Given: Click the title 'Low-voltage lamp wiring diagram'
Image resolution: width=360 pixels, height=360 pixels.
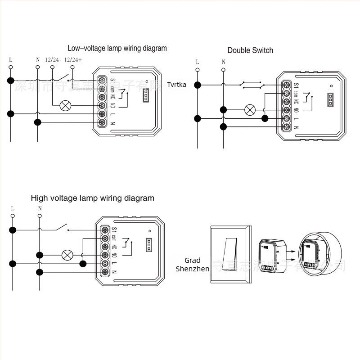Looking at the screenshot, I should pyautogui.click(x=117, y=48).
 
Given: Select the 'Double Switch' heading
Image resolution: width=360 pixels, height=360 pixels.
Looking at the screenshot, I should pyautogui.click(x=250, y=50).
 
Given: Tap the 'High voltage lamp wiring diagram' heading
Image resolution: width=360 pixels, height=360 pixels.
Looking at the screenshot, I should pyautogui.click(x=92, y=198).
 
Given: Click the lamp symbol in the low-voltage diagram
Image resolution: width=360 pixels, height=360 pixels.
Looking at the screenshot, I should pyautogui.click(x=66, y=106).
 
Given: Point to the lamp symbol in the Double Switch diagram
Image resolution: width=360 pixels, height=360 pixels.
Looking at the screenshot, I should pyautogui.click(x=250, y=109).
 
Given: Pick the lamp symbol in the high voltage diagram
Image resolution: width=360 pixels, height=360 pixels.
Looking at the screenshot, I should pyautogui.click(x=67, y=255).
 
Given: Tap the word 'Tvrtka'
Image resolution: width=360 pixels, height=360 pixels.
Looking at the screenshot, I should pyautogui.click(x=176, y=85).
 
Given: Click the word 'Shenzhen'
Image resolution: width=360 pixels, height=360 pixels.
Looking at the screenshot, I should pyautogui.click(x=192, y=269).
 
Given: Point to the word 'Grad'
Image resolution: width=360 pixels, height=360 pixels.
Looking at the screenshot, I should pyautogui.click(x=192, y=260).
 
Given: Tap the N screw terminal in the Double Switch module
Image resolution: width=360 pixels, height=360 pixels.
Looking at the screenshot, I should pyautogui.click(x=286, y=127).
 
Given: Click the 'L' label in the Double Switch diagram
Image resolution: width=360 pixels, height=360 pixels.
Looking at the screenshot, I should pyautogui.click(x=197, y=62).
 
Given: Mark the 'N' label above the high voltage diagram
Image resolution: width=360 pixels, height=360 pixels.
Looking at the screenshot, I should pyautogui.click(x=40, y=208).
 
